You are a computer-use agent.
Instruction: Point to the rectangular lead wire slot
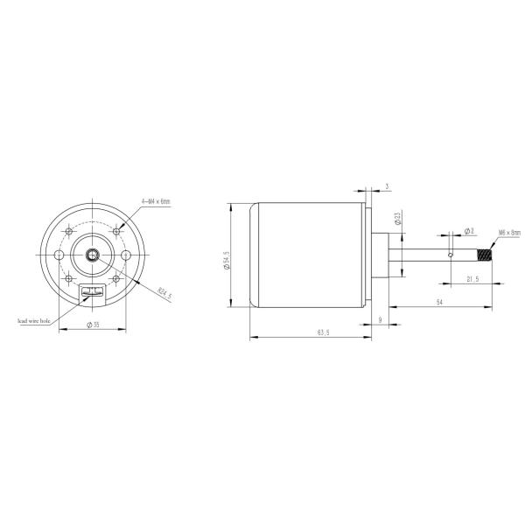tap(92, 291)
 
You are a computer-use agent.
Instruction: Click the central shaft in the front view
tap(92, 255)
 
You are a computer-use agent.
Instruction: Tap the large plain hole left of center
tap(59, 255)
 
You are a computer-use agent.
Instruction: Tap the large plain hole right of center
tap(125, 255)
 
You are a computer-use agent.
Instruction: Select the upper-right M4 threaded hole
tap(115, 231)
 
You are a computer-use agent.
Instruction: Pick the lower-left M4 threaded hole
tap(68, 278)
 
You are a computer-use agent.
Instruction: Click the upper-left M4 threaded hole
tap(68, 231)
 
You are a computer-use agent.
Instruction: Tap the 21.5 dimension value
tap(473, 277)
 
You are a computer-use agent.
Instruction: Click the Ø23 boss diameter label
tap(397, 219)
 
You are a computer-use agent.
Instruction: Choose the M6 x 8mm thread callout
tap(508, 233)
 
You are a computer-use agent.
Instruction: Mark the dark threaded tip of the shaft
tap(485, 255)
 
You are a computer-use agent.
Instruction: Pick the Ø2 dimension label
tap(470, 231)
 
